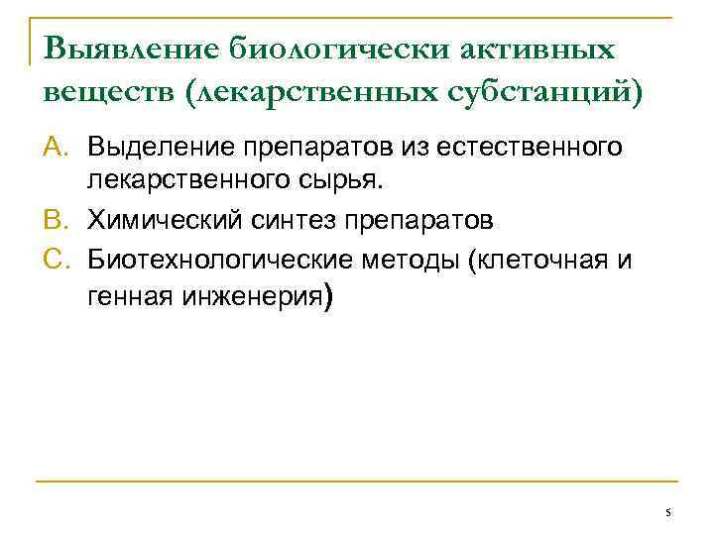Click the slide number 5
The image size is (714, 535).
click(668, 512)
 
